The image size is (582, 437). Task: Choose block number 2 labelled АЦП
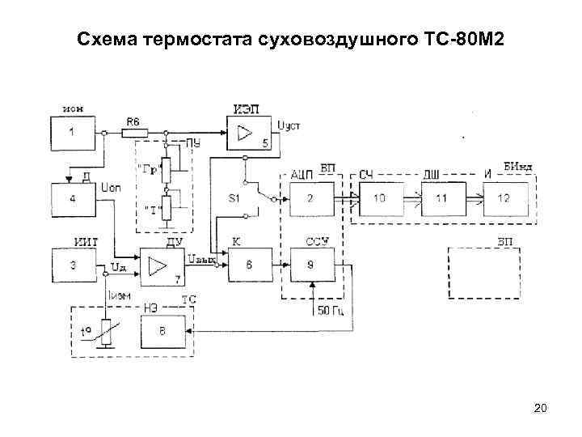[x=310, y=197]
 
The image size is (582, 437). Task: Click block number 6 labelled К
[x=248, y=265]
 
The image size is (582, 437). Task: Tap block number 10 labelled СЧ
[x=379, y=198]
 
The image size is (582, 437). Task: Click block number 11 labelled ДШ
[x=441, y=198]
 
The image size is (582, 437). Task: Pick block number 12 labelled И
[x=505, y=198]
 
